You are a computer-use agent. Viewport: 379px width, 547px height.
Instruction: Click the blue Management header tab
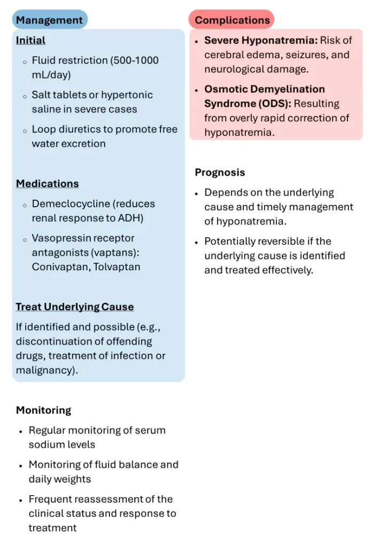(50, 20)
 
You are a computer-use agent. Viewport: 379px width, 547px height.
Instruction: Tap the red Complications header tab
(231, 20)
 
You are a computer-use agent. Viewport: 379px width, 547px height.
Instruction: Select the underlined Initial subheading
(30, 41)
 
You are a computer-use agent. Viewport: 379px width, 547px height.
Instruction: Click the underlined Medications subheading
(48, 184)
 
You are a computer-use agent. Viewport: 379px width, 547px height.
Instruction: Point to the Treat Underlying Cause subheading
(75, 307)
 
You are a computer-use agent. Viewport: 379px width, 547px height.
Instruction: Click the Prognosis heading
(220, 173)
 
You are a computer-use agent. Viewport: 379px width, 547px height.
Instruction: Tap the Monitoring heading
(44, 410)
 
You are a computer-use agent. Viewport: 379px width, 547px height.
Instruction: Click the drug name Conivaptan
(61, 267)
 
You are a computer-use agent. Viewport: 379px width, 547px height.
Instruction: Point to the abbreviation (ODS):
(275, 104)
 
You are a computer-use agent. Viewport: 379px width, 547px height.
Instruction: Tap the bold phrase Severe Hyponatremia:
(261, 41)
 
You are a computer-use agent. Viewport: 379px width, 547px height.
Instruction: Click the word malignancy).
(47, 370)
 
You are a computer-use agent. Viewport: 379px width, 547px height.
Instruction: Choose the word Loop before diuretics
(44, 129)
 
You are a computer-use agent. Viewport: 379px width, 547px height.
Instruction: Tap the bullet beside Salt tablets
(25, 96)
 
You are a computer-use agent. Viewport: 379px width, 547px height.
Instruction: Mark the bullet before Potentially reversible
(197, 242)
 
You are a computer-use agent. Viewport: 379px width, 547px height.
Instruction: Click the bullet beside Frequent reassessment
(21, 500)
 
